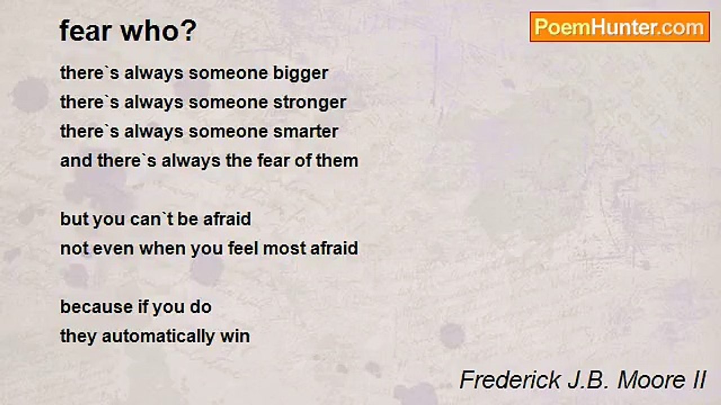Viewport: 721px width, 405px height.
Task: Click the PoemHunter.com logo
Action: (x=620, y=27)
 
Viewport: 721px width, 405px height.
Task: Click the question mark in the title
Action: (x=190, y=30)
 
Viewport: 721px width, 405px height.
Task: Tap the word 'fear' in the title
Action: (x=86, y=30)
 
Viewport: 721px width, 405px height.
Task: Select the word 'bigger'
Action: (x=301, y=74)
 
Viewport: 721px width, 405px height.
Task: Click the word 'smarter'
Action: (x=305, y=132)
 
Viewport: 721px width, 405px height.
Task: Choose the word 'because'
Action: (x=96, y=307)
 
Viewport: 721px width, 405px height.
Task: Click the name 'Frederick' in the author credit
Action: (x=510, y=380)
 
